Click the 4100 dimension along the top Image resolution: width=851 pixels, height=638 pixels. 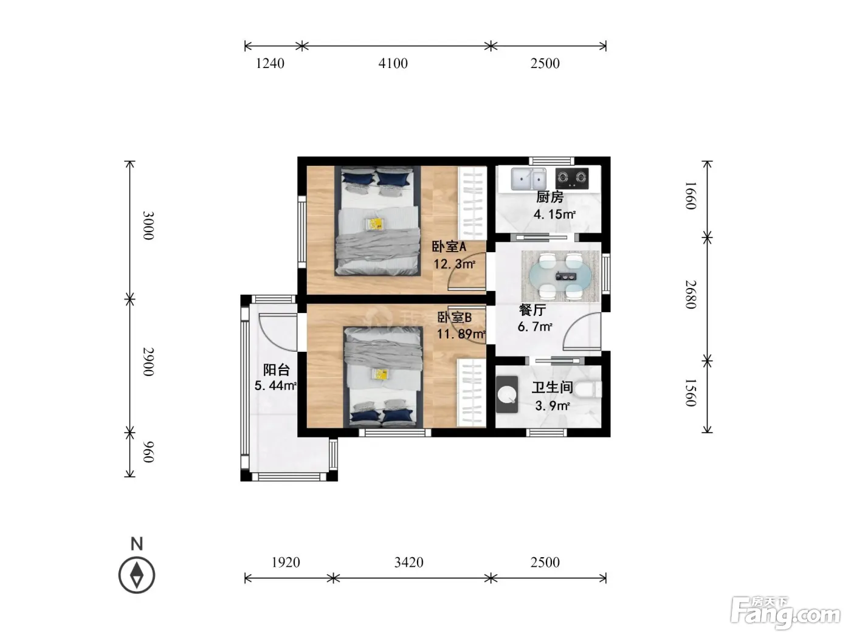(x=393, y=63)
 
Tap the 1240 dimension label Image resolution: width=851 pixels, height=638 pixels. (x=270, y=63)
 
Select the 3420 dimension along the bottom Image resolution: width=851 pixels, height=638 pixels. (x=408, y=562)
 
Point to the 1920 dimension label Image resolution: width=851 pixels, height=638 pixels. (x=285, y=562)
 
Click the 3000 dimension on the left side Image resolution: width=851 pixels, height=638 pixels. (x=148, y=225)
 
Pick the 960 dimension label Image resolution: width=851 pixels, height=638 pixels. (x=148, y=451)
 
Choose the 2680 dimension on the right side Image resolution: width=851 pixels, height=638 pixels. (x=691, y=295)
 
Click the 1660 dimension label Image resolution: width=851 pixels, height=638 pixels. (x=691, y=196)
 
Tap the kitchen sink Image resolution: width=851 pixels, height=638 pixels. (x=528, y=179)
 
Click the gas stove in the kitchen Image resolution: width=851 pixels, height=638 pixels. (x=572, y=178)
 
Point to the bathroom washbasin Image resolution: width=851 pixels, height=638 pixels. (x=507, y=394)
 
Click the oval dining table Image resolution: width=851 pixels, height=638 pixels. (x=560, y=276)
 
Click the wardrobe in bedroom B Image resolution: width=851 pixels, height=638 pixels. (x=472, y=393)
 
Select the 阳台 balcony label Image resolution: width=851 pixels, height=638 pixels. (x=276, y=369)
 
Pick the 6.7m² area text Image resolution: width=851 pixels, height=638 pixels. (x=535, y=327)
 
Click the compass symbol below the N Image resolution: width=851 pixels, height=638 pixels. (x=137, y=575)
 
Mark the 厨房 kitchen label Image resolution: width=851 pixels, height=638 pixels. (x=550, y=197)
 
